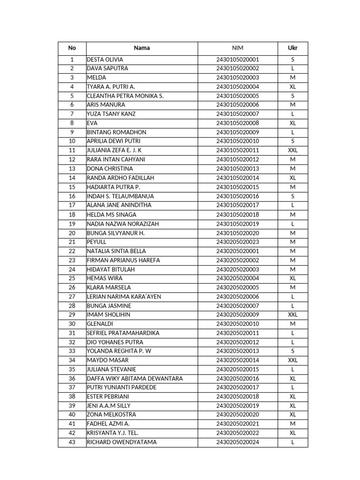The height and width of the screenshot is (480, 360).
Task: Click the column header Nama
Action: point(142,48)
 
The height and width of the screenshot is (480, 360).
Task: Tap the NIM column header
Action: point(237,48)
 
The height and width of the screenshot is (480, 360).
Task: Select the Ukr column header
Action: point(292,48)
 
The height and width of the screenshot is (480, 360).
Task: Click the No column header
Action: point(72,48)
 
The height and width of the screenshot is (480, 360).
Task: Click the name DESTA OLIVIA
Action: point(105,60)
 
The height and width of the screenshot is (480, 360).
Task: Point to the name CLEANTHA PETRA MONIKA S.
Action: point(125,96)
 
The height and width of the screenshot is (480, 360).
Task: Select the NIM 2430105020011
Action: point(237,150)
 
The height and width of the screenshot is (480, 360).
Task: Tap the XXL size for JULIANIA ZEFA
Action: point(292,150)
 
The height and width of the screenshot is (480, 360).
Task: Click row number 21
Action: point(72,242)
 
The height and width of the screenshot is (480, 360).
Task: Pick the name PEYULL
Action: point(97,242)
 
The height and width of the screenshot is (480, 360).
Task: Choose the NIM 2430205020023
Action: point(237,242)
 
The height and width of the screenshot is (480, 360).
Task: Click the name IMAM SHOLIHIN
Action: point(109,315)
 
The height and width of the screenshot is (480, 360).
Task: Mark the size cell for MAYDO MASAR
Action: point(292,360)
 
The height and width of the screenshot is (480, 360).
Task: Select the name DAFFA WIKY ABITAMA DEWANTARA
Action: point(135,378)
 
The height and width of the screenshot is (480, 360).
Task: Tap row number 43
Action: point(72,442)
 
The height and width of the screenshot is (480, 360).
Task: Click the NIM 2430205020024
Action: point(237,442)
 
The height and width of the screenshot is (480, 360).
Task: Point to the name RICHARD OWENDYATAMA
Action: point(122,442)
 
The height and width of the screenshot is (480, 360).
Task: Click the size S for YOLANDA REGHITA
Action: point(292,351)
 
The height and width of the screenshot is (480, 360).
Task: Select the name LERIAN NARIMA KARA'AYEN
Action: point(124,297)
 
